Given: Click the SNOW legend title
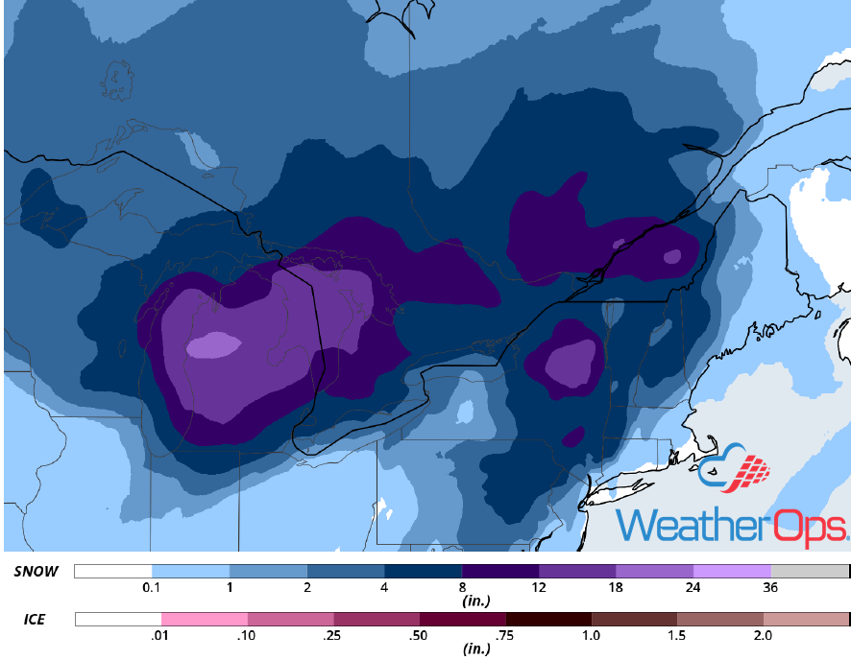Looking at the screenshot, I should tap(36, 572).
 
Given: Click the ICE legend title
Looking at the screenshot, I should tap(34, 620).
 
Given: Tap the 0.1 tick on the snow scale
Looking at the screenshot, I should tap(151, 587).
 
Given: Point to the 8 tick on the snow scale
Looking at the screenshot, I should tap(462, 587).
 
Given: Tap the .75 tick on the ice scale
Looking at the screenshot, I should tap(506, 635).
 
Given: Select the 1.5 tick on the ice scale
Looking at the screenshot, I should tap(678, 635).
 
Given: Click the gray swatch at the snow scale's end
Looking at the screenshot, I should tap(810, 572).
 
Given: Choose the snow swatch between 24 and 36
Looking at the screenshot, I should tap(732, 572).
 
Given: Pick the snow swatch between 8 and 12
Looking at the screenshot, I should tap(499, 572).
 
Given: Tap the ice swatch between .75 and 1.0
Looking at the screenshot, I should tap(548, 620).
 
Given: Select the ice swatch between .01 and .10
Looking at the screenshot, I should tap(204, 620).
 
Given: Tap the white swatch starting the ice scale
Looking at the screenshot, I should tap(117, 620).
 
